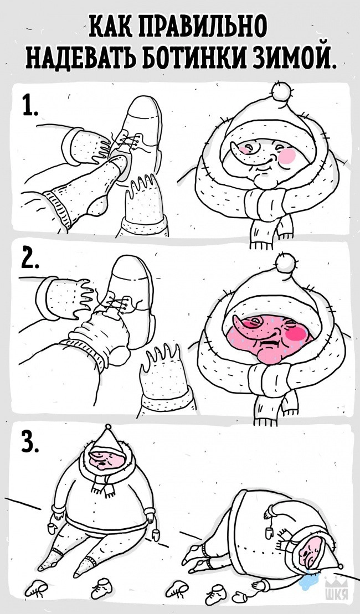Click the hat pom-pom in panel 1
tap(282, 91)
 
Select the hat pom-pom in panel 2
tap(285, 262)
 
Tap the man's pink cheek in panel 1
tap(289, 156)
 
